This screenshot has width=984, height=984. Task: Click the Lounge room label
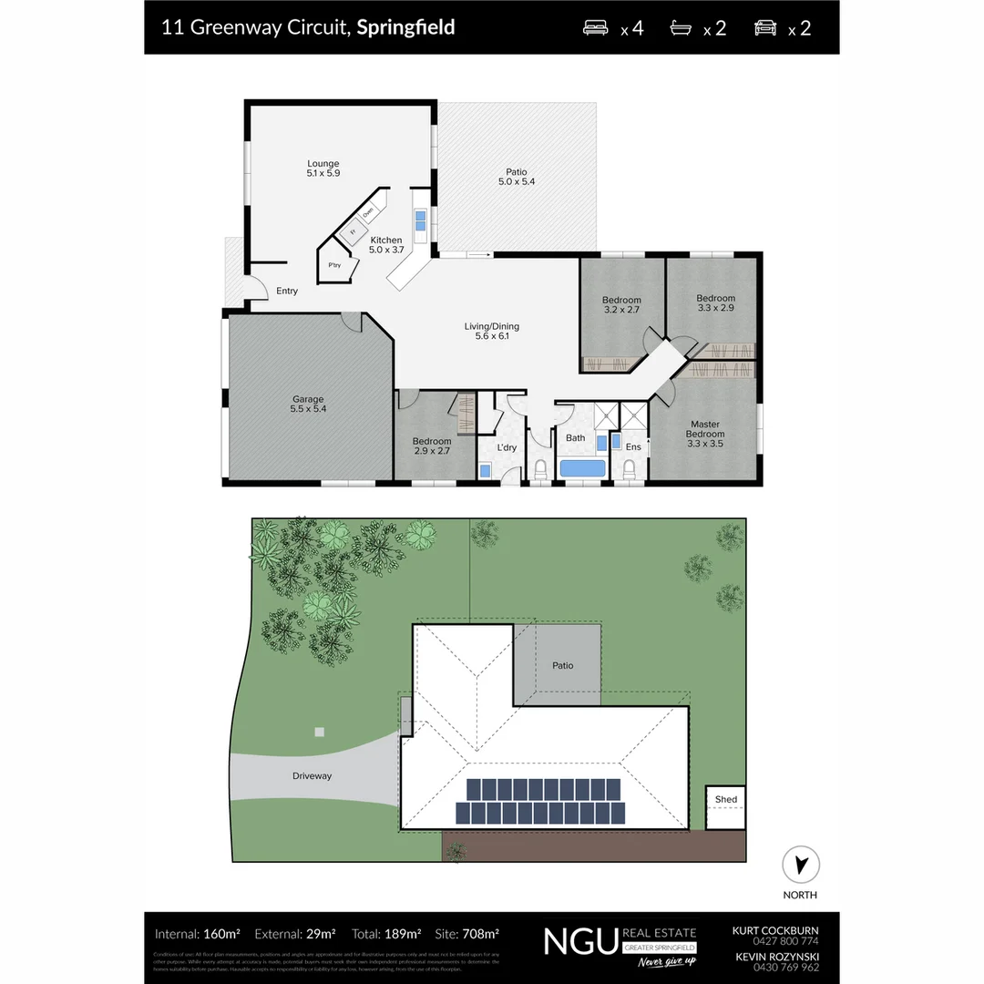pos(323,164)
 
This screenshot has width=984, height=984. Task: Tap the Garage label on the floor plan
pos(308,399)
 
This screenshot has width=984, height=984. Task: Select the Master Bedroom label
pos(705,429)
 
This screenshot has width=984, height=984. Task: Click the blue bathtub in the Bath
pos(582,468)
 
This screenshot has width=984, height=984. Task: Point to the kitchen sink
pos(421,221)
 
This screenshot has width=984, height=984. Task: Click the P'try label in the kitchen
pos(334,265)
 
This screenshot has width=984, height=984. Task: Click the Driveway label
pos(312,776)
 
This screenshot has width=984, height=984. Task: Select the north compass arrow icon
pos(801,865)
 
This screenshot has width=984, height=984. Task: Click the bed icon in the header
pos(596,27)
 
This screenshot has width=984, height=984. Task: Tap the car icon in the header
pos(765,27)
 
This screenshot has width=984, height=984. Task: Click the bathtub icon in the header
pos(682,27)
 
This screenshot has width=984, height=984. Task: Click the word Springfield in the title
pos(405,26)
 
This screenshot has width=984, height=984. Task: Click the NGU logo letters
pos(580,939)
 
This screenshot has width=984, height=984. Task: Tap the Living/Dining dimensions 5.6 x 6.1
pos(491,336)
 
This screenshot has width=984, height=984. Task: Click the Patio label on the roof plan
pos(563,665)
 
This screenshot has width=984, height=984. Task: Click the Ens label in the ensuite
pos(633,446)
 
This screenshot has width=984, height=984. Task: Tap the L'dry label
pos(507,447)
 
